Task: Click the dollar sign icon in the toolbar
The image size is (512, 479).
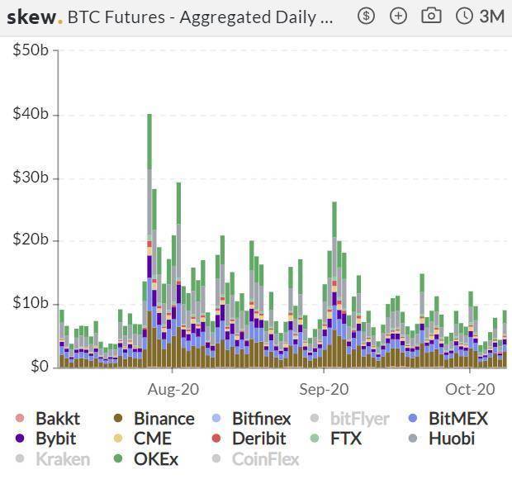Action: coord(367,16)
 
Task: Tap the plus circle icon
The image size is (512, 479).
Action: coord(398,16)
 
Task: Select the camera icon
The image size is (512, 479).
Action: coord(430,16)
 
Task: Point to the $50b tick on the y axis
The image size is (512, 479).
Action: coord(31,50)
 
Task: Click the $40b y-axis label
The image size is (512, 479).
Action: coord(31,114)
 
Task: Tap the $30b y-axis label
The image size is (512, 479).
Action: coord(31,178)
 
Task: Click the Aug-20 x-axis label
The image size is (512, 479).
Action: coord(173,388)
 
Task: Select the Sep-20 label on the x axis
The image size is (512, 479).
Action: coord(324,388)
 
